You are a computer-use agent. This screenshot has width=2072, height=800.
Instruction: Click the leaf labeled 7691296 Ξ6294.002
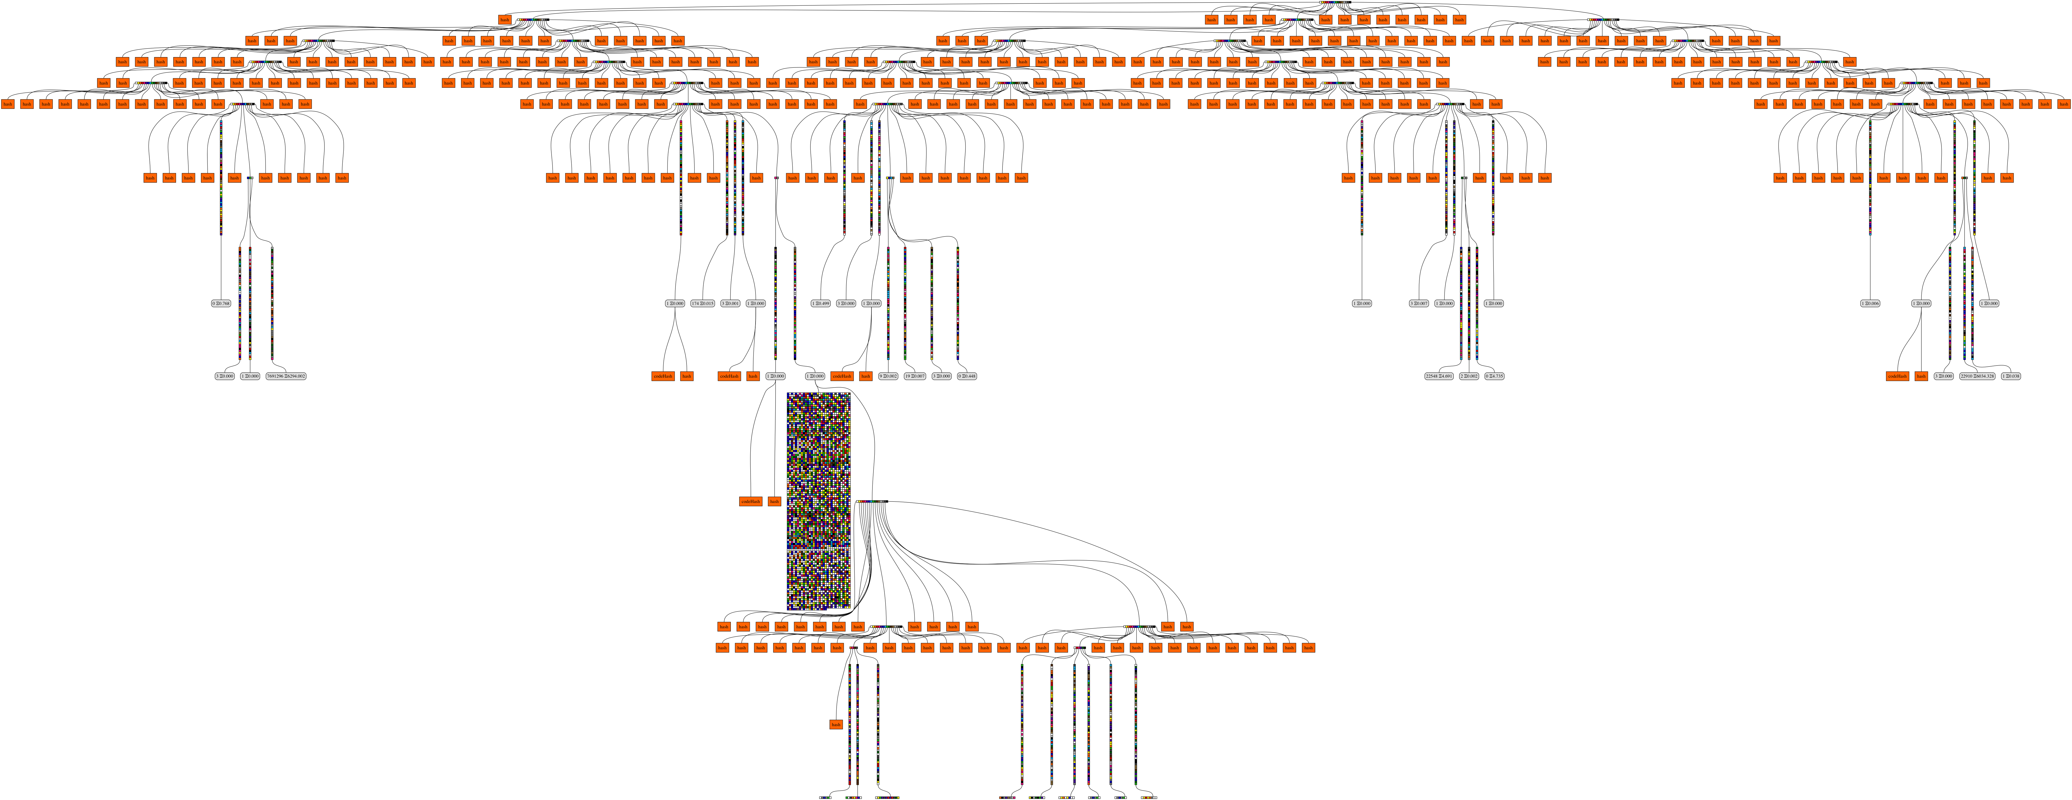pyautogui.click(x=286, y=375)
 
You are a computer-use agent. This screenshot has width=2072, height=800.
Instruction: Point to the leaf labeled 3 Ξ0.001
pyautogui.click(x=730, y=303)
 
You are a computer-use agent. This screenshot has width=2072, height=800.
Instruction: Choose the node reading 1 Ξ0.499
pyautogui.click(x=821, y=303)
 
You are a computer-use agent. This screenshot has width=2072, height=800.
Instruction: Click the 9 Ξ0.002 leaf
pyautogui.click(x=888, y=375)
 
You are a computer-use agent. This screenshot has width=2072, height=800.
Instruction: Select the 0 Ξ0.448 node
pyautogui.click(x=967, y=375)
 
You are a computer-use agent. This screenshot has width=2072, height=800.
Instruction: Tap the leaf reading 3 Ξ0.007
pyautogui.click(x=1419, y=303)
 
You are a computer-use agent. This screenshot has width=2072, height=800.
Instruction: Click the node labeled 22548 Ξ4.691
pyautogui.click(x=1439, y=375)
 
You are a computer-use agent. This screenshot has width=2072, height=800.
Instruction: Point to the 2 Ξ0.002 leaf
pyautogui.click(x=1469, y=375)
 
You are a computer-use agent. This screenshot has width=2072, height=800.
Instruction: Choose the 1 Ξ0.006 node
pyautogui.click(x=1870, y=303)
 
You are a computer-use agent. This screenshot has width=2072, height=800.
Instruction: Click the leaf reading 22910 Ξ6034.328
pyautogui.click(x=1977, y=375)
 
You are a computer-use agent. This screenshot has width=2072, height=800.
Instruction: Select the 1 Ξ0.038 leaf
pyautogui.click(x=2011, y=375)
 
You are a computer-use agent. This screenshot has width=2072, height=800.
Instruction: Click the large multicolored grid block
pyautogui.click(x=818, y=501)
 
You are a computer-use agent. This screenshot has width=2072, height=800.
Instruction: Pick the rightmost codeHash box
pyautogui.click(x=1897, y=375)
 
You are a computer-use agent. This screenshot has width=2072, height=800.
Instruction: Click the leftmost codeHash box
pyautogui.click(x=663, y=375)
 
